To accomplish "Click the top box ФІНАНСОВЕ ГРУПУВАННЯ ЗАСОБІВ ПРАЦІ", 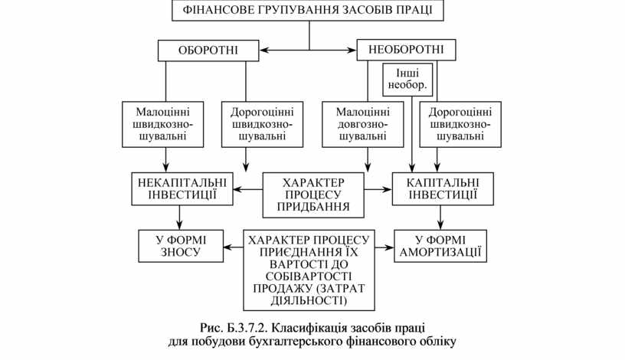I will tap(309, 11).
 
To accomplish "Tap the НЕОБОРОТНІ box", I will tap(406, 51).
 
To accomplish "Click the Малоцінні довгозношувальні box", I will tap(363, 123).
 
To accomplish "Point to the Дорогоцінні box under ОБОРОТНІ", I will tap(262, 123).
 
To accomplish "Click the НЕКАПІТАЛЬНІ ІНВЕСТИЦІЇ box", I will tap(182, 189).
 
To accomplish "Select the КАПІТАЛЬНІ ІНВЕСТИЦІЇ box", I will tap(437, 189).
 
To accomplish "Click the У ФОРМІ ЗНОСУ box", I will tap(180, 245).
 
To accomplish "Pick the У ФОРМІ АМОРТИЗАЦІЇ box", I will tap(441, 245).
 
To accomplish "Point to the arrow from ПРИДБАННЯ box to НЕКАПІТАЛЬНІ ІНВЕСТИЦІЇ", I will tap(249, 189).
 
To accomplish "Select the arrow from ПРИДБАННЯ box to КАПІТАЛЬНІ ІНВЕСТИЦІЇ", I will tap(377, 189).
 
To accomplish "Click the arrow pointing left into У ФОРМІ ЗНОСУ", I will tap(233, 247).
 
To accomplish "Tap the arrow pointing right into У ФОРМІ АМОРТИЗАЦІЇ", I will tap(386, 247).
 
